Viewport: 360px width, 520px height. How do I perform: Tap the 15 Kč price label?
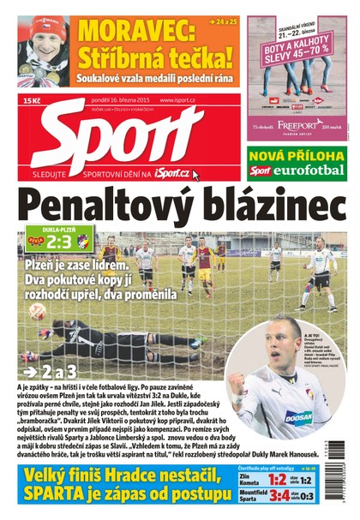pyautogui.click(x=33, y=101)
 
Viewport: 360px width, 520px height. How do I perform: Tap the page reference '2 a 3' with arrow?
pyautogui.click(x=53, y=373)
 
